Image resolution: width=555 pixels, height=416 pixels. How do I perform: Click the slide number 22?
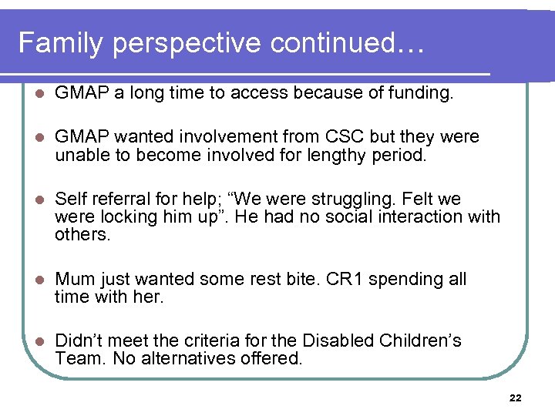click(516, 398)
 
